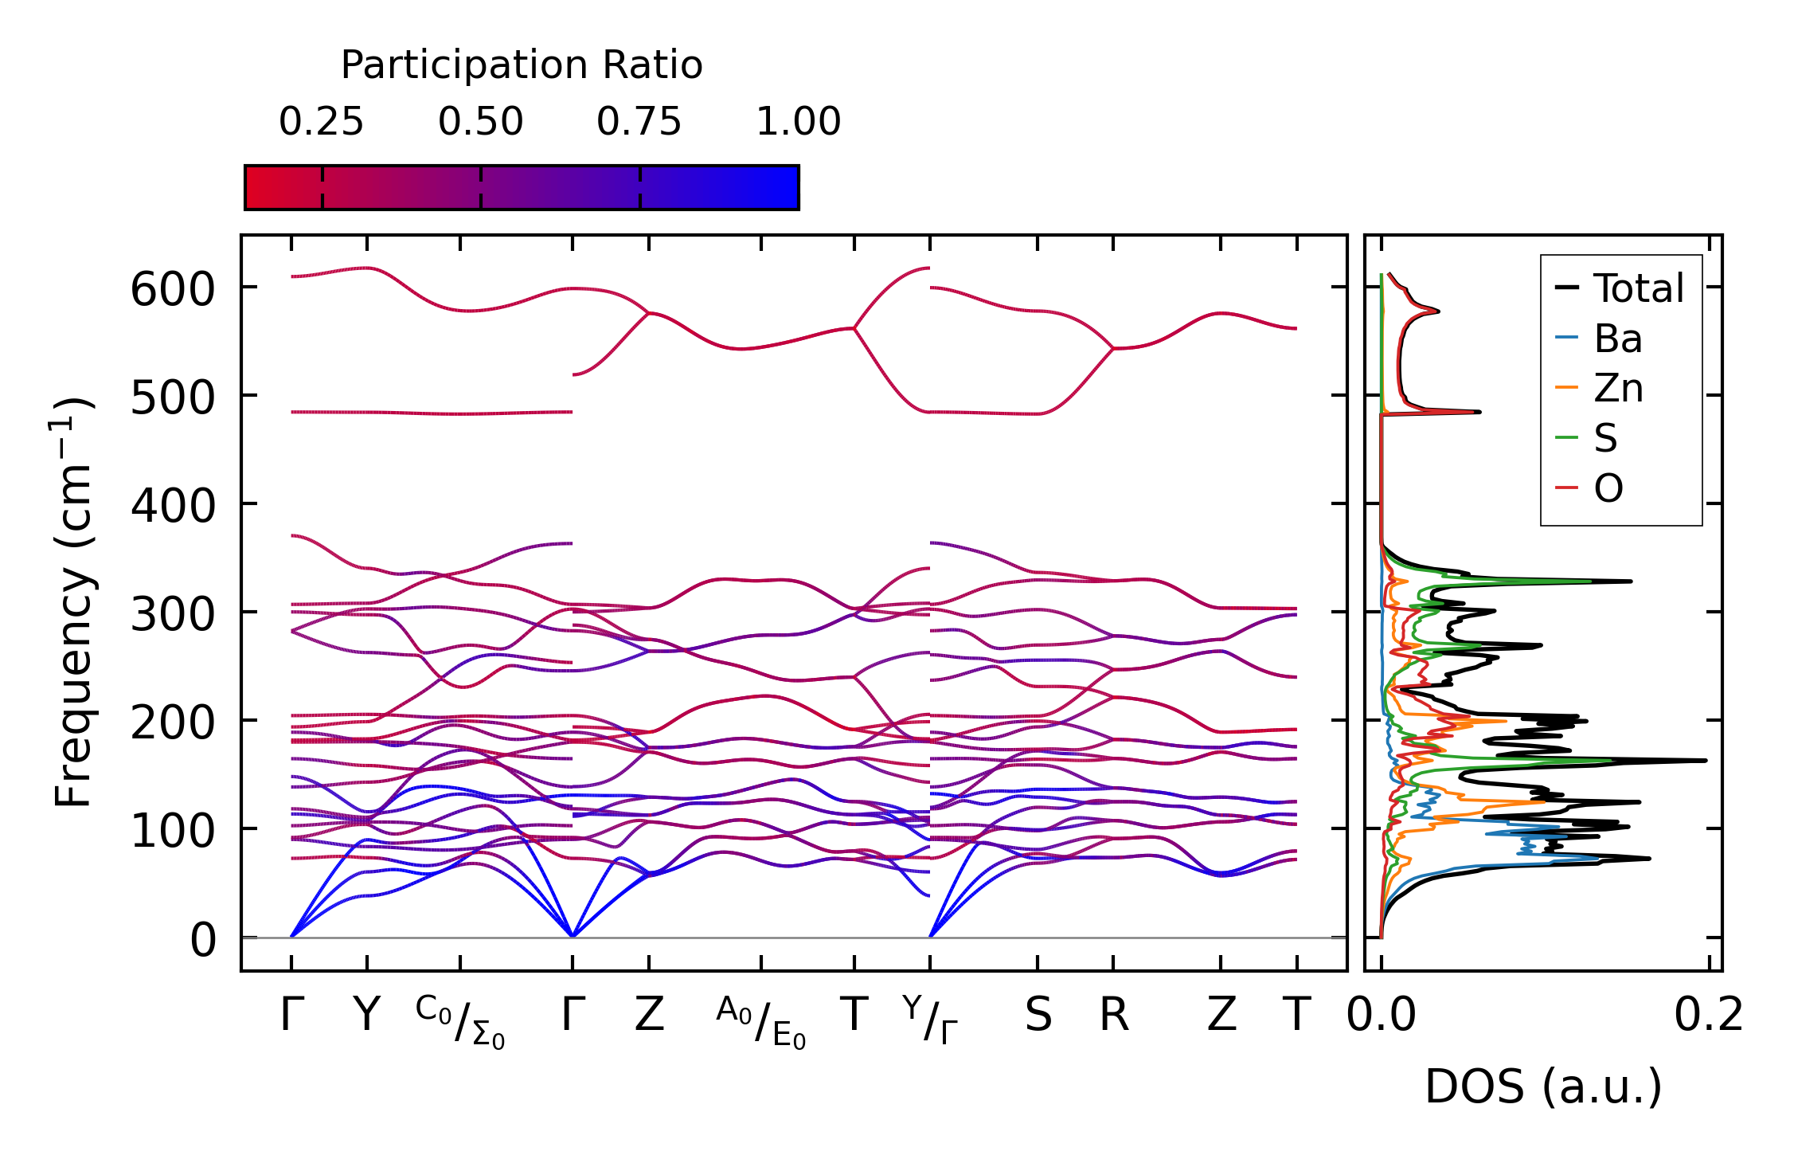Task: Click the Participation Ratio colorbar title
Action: [522, 65]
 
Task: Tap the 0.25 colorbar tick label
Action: [321, 122]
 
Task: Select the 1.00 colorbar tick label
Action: [798, 122]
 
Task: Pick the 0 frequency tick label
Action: [203, 940]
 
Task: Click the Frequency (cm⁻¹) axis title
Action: [73, 601]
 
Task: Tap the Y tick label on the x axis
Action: [366, 1015]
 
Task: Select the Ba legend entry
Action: [1617, 339]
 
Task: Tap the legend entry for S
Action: [1605, 437]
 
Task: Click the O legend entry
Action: [1608, 487]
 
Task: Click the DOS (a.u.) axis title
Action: [1543, 1087]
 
